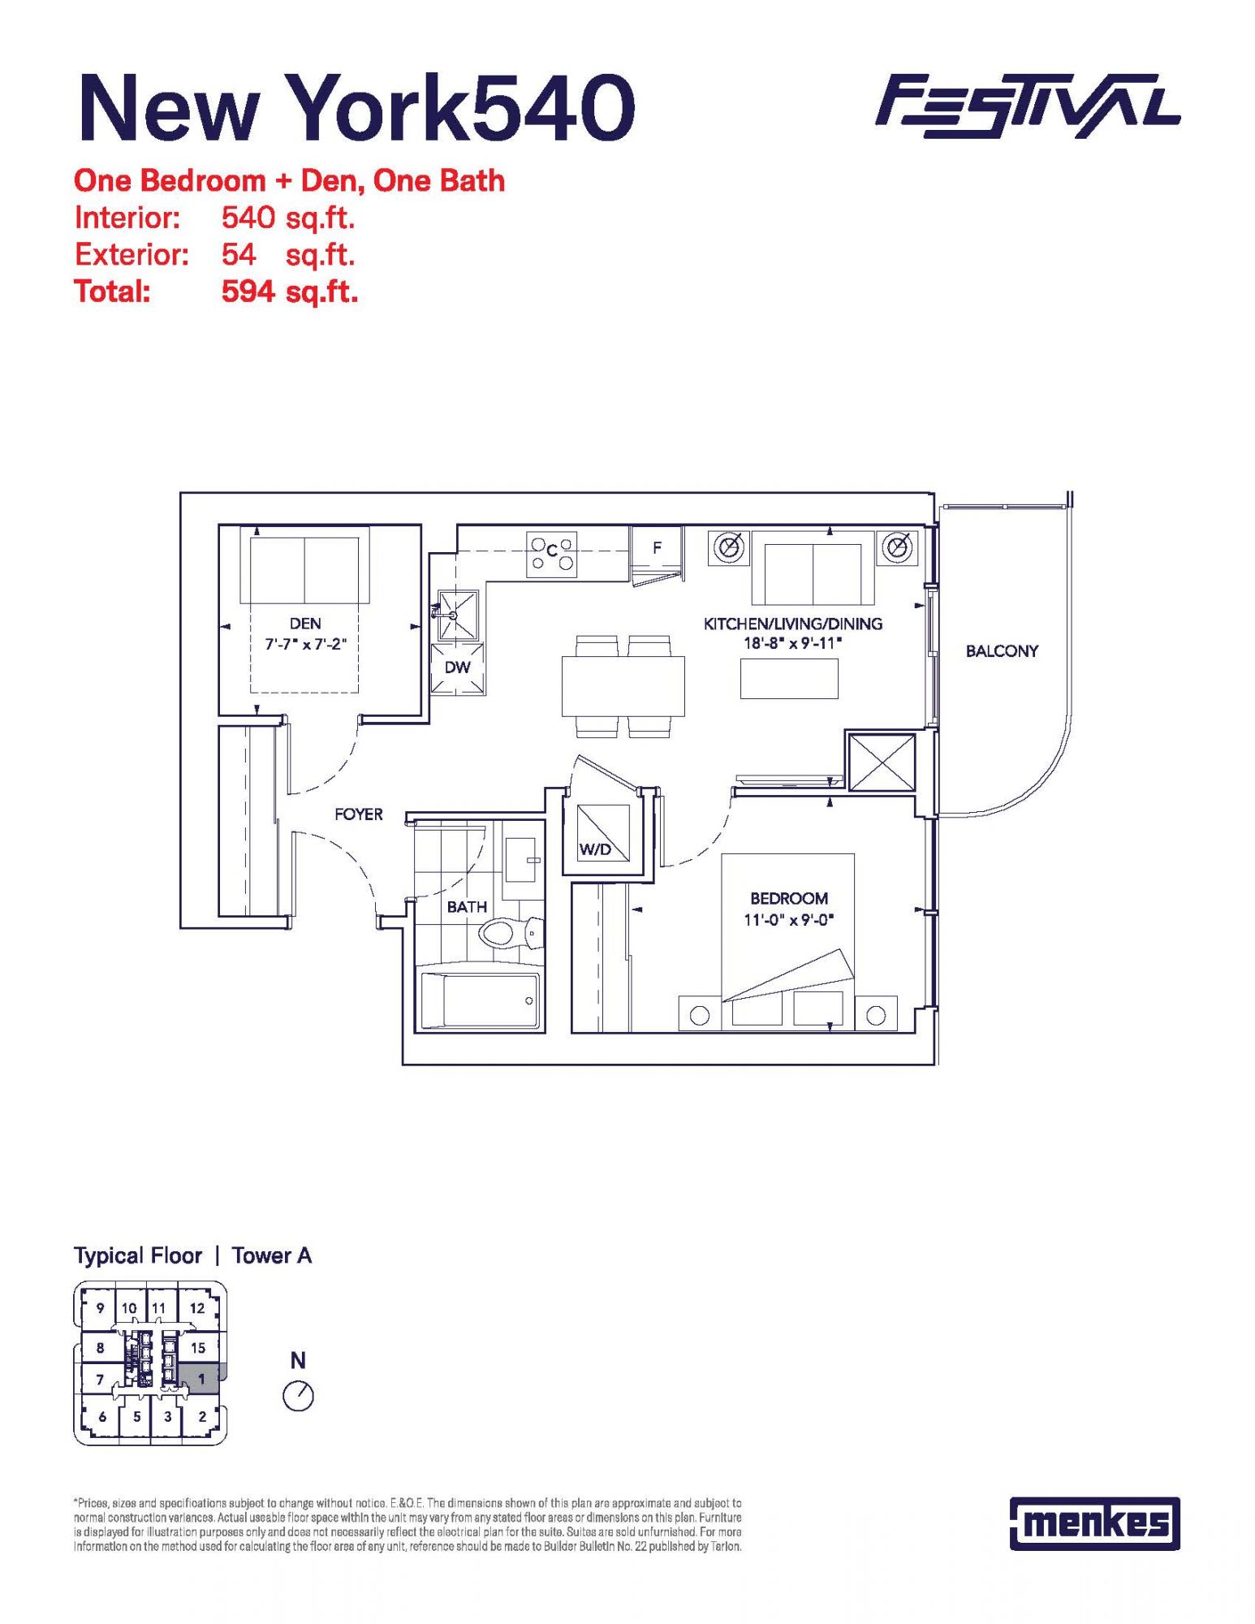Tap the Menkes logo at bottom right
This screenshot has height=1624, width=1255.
pos(1094,1523)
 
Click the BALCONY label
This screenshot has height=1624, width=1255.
pos(1002,651)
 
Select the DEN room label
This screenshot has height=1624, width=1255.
pos(305,624)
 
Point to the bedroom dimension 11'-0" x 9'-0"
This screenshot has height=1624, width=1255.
pos(789,920)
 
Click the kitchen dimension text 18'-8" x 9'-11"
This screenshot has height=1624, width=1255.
pos(793,643)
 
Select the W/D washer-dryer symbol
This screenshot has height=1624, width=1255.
pos(603,832)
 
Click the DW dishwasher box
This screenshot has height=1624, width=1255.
pos(458,668)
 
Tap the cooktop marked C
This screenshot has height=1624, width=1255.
pos(551,554)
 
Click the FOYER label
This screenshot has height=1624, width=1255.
pos(358,814)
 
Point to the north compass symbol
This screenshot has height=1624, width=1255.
pos(298,1396)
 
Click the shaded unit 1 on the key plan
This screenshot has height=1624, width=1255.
pos(201,1379)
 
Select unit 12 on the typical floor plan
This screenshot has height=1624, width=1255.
pos(197,1308)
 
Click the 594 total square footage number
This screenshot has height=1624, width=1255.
pos(248,291)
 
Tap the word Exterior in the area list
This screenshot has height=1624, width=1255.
pos(132,255)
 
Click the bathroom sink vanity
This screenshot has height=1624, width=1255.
pos(520,860)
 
